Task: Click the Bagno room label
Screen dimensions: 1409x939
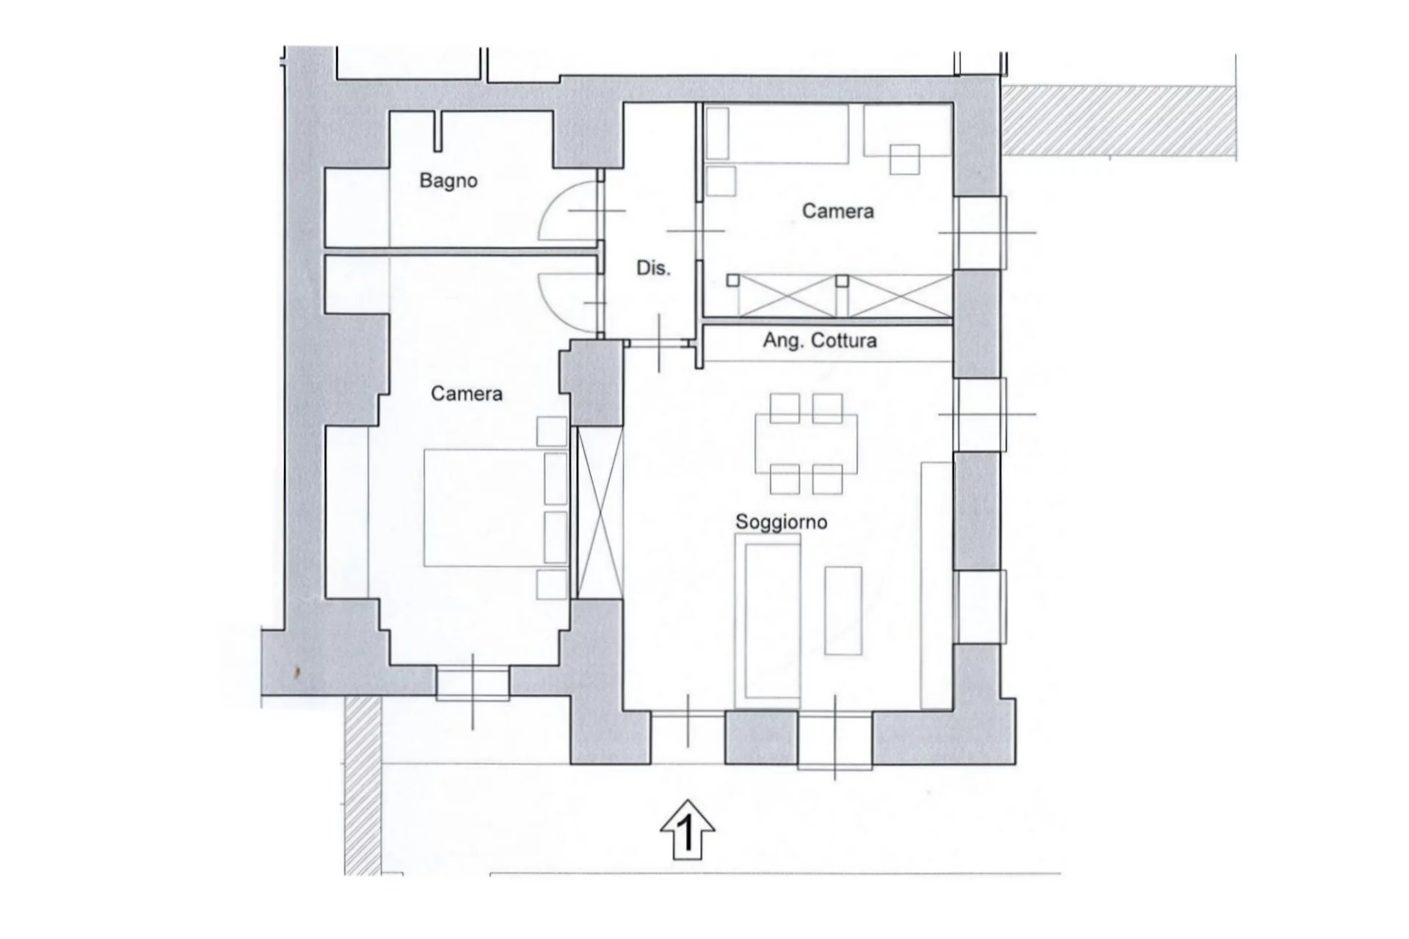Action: tap(448, 180)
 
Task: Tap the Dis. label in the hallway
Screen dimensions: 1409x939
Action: tap(653, 268)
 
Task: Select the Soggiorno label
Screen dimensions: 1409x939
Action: tap(781, 522)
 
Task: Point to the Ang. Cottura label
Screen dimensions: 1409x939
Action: tap(820, 340)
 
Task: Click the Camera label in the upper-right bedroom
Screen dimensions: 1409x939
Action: tap(838, 211)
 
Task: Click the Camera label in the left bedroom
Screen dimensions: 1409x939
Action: tap(467, 394)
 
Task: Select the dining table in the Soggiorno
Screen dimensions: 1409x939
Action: tap(807, 444)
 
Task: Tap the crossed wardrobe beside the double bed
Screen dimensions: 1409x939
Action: tap(600, 513)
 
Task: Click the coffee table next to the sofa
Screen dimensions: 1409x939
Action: tap(843, 610)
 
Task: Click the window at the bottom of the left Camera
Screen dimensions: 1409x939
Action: tap(473, 683)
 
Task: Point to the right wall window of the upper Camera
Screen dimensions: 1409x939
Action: tap(980, 233)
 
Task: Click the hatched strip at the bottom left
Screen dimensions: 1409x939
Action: tap(363, 785)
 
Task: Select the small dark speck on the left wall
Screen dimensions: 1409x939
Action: tap(296, 671)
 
